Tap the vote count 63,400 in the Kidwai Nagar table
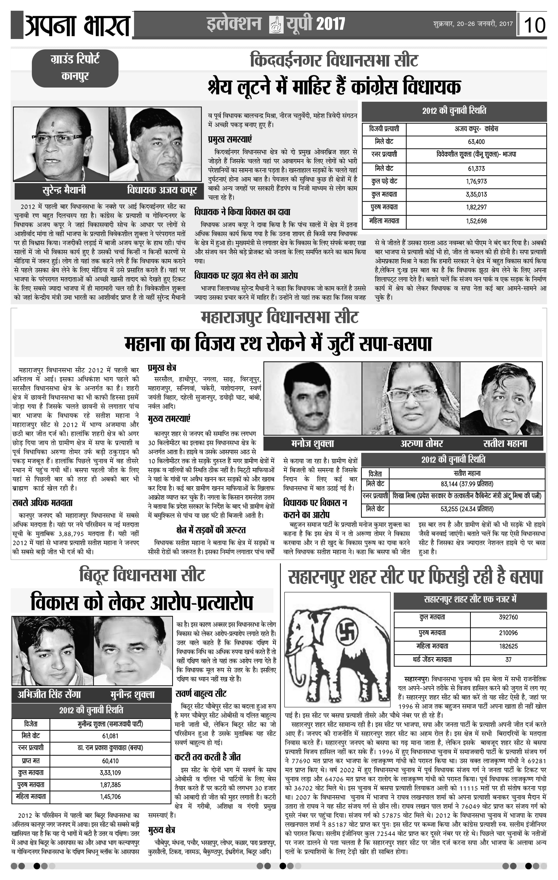pos(476,142)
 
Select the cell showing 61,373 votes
pos(476,168)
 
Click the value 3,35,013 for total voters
pos(476,194)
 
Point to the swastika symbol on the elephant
pos(347,631)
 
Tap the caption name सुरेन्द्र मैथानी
pos(64,190)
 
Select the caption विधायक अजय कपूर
pos(162,190)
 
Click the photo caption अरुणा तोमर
pos(421,444)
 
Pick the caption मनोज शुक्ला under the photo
pos(312,444)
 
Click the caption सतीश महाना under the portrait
pos(505,444)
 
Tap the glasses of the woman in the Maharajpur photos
pos(412,395)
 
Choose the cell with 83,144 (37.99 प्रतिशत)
pos(467,484)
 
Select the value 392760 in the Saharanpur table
pos(508,617)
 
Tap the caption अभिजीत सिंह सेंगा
pos(49,694)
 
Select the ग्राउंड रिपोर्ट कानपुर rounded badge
pos(75,68)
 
